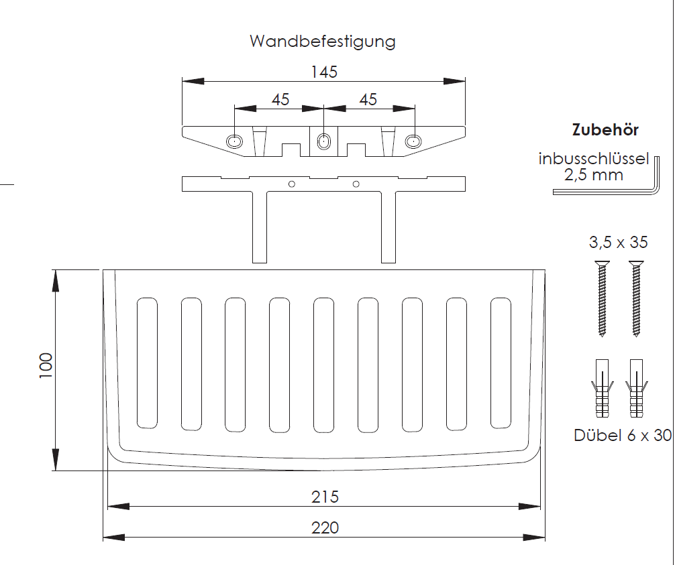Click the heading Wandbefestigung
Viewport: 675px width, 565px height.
pyautogui.click(x=323, y=42)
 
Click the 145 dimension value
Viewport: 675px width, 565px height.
pyautogui.click(x=324, y=72)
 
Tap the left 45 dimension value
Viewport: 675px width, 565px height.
pyautogui.click(x=280, y=100)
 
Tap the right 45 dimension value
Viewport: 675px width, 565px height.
pyautogui.click(x=368, y=100)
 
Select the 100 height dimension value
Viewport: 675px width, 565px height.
pyautogui.click(x=46, y=367)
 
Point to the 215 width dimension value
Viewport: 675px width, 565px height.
pyautogui.click(x=325, y=497)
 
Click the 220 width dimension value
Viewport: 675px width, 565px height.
pyautogui.click(x=325, y=528)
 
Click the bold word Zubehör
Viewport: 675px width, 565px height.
pyautogui.click(x=605, y=130)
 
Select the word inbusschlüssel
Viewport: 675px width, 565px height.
pyautogui.click(x=593, y=160)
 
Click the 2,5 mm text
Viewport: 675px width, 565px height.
pyautogui.click(x=593, y=176)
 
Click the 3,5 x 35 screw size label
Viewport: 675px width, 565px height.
pyautogui.click(x=617, y=242)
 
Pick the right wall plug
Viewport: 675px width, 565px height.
pyautogui.click(x=636, y=388)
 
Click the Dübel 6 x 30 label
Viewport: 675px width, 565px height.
pyautogui.click(x=623, y=435)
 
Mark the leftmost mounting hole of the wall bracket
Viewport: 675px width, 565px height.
pyautogui.click(x=234, y=141)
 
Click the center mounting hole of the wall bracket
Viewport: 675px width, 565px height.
pyautogui.click(x=324, y=141)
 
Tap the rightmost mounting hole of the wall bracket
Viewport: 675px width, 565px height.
pyautogui.click(x=413, y=141)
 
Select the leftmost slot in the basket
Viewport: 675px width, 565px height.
pyautogui.click(x=147, y=363)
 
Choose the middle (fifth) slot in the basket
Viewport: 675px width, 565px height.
pyautogui.click(x=324, y=363)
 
